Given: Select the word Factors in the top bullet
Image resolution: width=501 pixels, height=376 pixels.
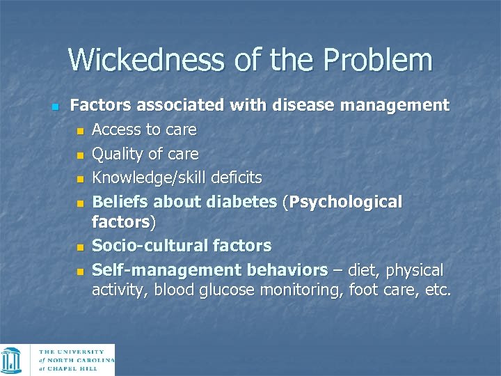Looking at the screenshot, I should (x=101, y=106).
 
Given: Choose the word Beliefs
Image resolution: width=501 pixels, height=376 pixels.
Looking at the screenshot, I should (x=120, y=202).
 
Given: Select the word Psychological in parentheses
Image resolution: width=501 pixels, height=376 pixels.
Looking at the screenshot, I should (x=346, y=202).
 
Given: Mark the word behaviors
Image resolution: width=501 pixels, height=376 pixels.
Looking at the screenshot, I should (x=287, y=269).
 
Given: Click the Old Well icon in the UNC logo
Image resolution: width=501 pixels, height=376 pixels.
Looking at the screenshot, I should (x=12, y=360).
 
